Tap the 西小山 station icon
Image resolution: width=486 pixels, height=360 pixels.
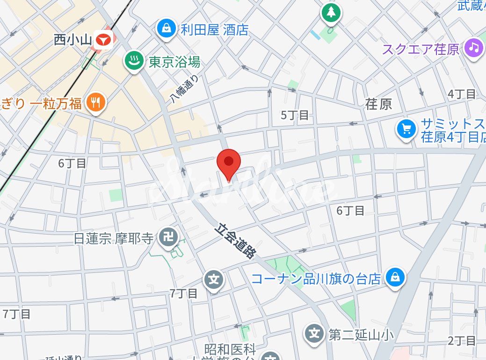tap(103, 40)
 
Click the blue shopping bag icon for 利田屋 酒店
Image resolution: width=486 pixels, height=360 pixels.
tap(166, 29)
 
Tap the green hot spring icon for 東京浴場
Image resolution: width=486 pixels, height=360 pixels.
tap(134, 61)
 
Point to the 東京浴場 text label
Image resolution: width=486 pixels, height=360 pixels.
tap(174, 62)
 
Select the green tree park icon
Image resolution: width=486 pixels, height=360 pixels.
tap(331, 12)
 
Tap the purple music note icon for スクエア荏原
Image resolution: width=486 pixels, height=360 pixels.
tap(474, 48)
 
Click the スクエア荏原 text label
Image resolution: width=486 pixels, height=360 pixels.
tap(421, 49)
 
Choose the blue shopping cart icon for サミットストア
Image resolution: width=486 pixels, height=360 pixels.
tap(406, 130)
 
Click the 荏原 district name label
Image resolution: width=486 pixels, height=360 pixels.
tap(379, 104)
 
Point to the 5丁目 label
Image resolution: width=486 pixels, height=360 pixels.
tap(295, 115)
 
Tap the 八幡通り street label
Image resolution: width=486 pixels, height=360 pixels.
tap(184, 88)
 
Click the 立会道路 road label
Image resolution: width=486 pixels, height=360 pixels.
tap(236, 241)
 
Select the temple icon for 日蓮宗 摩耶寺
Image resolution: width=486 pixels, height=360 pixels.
tap(167, 237)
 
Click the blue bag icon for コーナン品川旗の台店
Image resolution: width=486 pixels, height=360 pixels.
tap(395, 279)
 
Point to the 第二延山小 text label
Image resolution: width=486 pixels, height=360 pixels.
tap(361, 334)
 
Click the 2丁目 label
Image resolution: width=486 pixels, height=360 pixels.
tap(462, 340)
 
